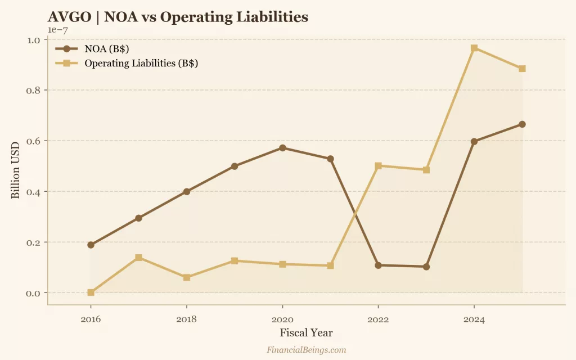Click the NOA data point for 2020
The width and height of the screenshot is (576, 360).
[x=282, y=148]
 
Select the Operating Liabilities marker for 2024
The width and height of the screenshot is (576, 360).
[x=474, y=48]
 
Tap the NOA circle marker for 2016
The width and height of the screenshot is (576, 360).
[x=91, y=245]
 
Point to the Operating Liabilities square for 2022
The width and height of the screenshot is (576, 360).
[x=378, y=166]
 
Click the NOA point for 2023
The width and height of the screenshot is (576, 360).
[x=426, y=267]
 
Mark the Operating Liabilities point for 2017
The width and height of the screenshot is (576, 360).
[x=138, y=258]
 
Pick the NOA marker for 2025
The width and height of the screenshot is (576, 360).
[x=522, y=124]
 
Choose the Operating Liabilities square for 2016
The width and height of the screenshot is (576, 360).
[x=91, y=292]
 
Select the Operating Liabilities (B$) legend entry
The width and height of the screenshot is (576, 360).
[x=141, y=63]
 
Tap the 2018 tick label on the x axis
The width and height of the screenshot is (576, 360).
[x=186, y=319]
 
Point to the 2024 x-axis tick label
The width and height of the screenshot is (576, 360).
[x=474, y=319]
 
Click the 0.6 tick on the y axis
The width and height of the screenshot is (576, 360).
[x=34, y=141]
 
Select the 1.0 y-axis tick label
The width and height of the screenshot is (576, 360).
[x=34, y=40]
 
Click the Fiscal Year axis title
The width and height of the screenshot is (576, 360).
[x=306, y=333]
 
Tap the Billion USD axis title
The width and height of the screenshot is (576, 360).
[x=16, y=166]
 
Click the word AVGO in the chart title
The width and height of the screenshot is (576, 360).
[x=69, y=17]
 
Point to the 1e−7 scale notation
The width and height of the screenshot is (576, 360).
[x=57, y=30]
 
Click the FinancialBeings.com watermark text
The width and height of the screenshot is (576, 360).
[x=306, y=350]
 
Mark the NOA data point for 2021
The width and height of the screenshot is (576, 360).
[x=330, y=159]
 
